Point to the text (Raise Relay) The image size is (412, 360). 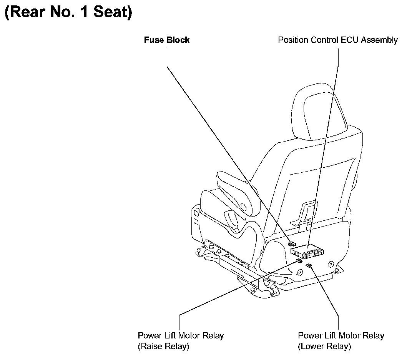[163, 346]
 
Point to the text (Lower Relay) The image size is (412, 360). [324, 346]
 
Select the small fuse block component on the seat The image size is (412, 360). [292, 243]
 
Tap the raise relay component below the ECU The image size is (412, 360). [299, 261]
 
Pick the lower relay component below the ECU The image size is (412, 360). [309, 265]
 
